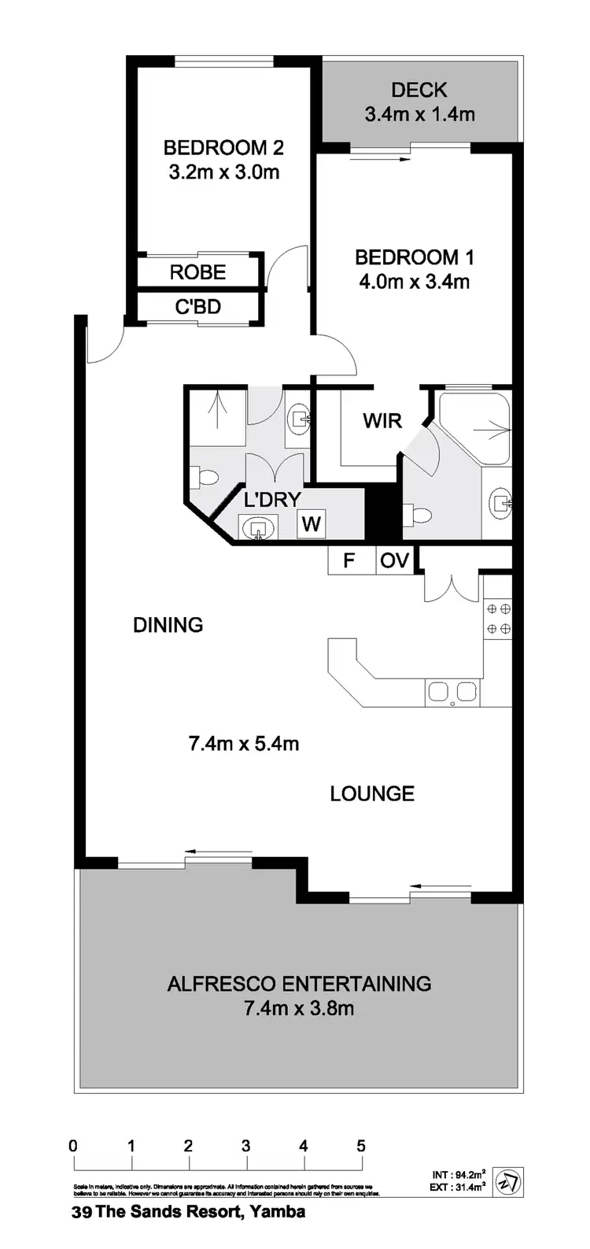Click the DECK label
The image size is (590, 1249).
click(419, 90)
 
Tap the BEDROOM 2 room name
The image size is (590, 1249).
click(223, 147)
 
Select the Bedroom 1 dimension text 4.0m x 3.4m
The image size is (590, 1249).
click(413, 281)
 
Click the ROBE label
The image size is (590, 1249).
click(198, 272)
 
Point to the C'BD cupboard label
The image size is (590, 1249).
click(197, 307)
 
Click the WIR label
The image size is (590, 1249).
click(382, 420)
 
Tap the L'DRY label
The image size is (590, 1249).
click(272, 499)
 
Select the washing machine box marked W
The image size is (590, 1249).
click(312, 523)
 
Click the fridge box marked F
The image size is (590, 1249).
click(349, 561)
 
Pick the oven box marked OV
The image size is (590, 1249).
click(394, 561)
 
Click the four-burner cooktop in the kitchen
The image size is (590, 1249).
click(497, 619)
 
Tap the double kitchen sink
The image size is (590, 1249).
click(452, 692)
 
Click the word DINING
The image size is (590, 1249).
click(168, 625)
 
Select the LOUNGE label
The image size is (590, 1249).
click(372, 793)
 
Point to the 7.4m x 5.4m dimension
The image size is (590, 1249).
click(244, 743)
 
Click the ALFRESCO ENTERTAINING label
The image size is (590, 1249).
click(299, 983)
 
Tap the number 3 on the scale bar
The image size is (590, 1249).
click(246, 1146)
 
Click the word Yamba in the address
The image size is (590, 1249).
click(280, 1212)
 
